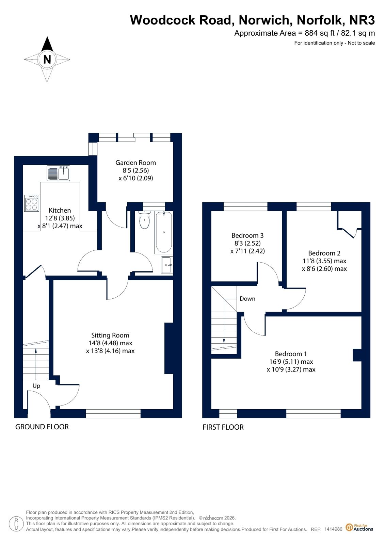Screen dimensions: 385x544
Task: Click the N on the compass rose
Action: point(47,59)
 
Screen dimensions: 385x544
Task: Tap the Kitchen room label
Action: point(60,210)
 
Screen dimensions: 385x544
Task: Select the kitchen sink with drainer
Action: point(58,173)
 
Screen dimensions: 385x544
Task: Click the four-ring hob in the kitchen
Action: point(32,203)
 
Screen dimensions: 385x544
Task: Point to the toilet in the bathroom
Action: point(144,220)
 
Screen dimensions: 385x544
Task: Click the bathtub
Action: point(164,232)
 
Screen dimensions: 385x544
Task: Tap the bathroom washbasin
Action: point(167,265)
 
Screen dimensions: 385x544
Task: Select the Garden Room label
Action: point(135,163)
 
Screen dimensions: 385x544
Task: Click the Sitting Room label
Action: point(110,335)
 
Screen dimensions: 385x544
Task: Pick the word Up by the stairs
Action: point(36,386)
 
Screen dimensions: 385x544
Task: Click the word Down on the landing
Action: point(247,298)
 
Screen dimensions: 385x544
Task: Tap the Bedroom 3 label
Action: point(247,235)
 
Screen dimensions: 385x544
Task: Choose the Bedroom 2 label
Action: point(324,253)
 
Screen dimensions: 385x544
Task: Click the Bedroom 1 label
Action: point(291,353)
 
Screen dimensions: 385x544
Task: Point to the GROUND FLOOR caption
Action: point(42,433)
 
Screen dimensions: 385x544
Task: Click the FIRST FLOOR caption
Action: point(223,434)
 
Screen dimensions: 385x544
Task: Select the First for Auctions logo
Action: point(359,527)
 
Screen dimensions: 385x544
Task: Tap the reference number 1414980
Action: point(333,529)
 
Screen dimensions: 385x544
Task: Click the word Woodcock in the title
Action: point(163,20)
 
